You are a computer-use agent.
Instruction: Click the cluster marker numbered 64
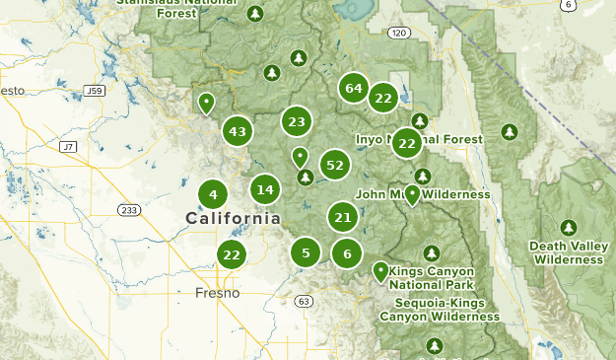(x=354, y=88)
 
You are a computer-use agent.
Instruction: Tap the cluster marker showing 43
(x=237, y=131)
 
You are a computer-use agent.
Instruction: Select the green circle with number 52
(x=335, y=165)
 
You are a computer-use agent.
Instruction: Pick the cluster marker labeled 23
(x=296, y=122)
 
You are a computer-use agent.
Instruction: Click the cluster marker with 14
(x=264, y=189)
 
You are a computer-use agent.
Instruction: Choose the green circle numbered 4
(x=213, y=194)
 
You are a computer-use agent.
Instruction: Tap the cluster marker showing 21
(x=343, y=218)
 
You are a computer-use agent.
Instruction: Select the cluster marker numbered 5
(x=306, y=253)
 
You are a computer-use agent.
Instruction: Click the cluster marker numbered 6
(x=347, y=253)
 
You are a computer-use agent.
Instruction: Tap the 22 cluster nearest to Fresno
(x=232, y=254)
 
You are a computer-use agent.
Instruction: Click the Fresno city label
(x=217, y=293)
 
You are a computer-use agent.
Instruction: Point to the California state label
(x=233, y=218)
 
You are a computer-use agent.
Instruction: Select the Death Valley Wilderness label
(x=567, y=252)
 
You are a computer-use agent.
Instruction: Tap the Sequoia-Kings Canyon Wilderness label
(x=440, y=310)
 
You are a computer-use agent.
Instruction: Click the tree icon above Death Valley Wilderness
(x=568, y=227)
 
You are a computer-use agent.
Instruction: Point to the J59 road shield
(x=95, y=91)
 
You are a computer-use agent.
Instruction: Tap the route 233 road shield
(x=129, y=210)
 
